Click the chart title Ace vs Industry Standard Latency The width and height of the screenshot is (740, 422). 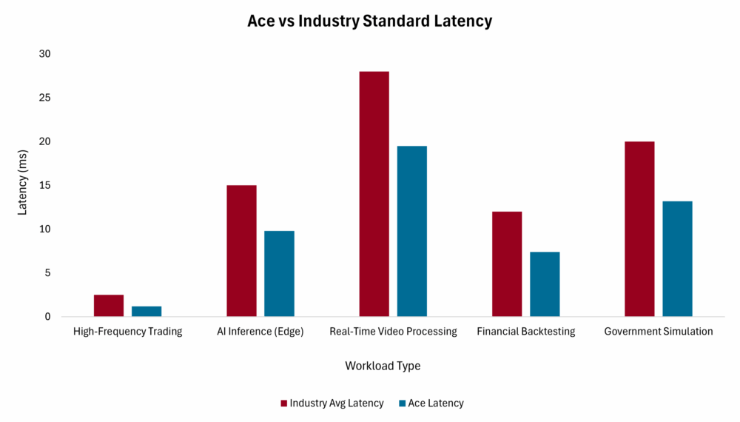pos(369,21)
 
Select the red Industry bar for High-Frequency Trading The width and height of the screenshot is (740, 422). pos(109,306)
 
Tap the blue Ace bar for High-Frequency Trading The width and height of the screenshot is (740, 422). pos(147,312)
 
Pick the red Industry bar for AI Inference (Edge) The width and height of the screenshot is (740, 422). pos(241,251)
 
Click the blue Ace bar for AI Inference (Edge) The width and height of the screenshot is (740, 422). pos(279,274)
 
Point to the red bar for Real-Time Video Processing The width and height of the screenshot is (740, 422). pos(374,194)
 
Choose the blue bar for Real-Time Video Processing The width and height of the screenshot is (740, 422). pos(411,231)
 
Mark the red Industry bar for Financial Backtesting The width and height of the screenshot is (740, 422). pos(507,264)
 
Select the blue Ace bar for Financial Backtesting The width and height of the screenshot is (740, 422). pos(545,284)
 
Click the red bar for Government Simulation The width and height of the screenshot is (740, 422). pos(639,229)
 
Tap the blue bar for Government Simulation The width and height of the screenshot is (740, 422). pos(677,259)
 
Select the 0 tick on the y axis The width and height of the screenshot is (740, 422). pos(47,317)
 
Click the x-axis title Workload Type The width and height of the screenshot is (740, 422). pos(383,366)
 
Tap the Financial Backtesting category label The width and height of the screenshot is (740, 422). pos(526,332)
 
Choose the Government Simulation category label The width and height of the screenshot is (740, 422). pos(659,332)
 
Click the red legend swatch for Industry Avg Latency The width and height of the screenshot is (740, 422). pos(283,403)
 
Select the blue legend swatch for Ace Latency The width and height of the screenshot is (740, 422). pos(402,403)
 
